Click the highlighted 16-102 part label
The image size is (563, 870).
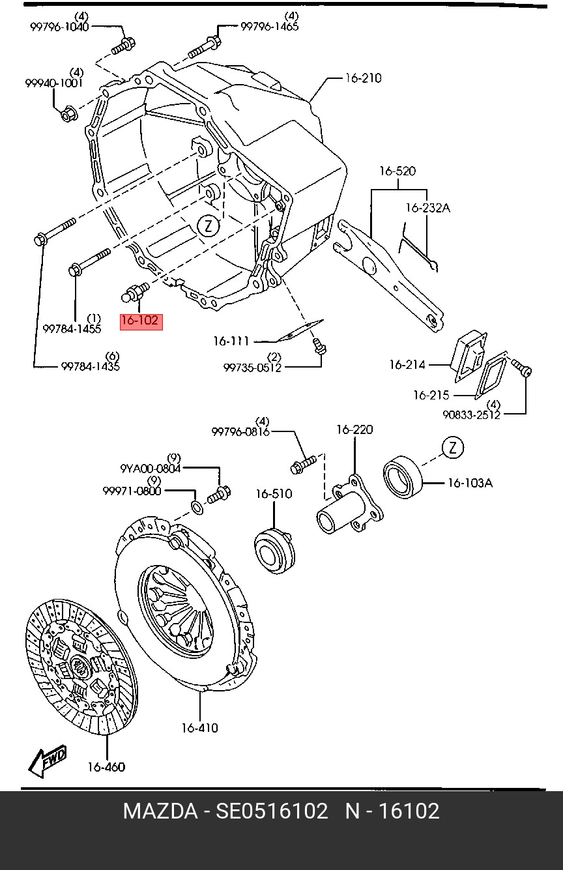(x=141, y=321)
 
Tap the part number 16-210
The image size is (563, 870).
(x=364, y=78)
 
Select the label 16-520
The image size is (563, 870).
(x=397, y=171)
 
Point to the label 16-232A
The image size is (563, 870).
(x=428, y=208)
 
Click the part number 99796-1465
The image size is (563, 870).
(x=270, y=27)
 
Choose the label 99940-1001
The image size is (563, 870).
(x=54, y=83)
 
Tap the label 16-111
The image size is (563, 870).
(x=231, y=341)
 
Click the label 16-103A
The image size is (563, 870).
(x=470, y=483)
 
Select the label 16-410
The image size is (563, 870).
(x=200, y=727)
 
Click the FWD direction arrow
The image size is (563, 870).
(x=48, y=761)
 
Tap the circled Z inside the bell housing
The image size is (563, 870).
(x=209, y=226)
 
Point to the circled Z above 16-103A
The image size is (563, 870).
(x=453, y=448)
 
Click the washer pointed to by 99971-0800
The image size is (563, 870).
(x=197, y=507)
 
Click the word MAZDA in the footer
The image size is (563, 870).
(x=160, y=811)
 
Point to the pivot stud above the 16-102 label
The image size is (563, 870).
(x=134, y=293)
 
